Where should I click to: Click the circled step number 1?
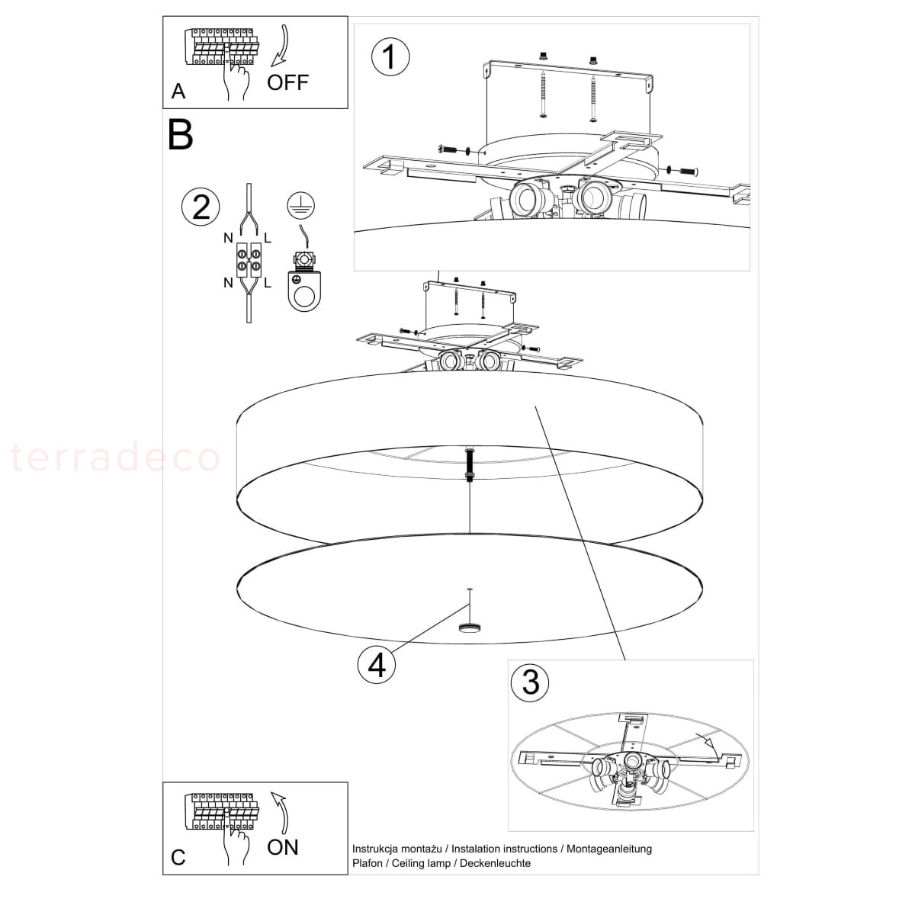coord(390,57)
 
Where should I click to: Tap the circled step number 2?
coord(201,207)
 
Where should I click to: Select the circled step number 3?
coord(530,682)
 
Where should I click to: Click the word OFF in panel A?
coord(287,82)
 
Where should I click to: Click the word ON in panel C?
coord(283,847)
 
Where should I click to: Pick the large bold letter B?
coord(181,135)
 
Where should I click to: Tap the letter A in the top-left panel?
coord(178,91)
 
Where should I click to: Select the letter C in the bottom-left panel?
coord(178,858)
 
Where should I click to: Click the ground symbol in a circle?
coord(300,206)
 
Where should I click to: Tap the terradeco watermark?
coord(115,457)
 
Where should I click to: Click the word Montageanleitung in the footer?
coord(609,849)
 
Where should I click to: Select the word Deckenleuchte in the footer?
coord(496,862)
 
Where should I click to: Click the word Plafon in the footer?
coord(368,862)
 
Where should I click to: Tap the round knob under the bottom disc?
coord(470,628)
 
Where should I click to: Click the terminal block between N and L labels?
coord(249,260)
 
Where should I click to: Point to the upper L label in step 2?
coord(268,239)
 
